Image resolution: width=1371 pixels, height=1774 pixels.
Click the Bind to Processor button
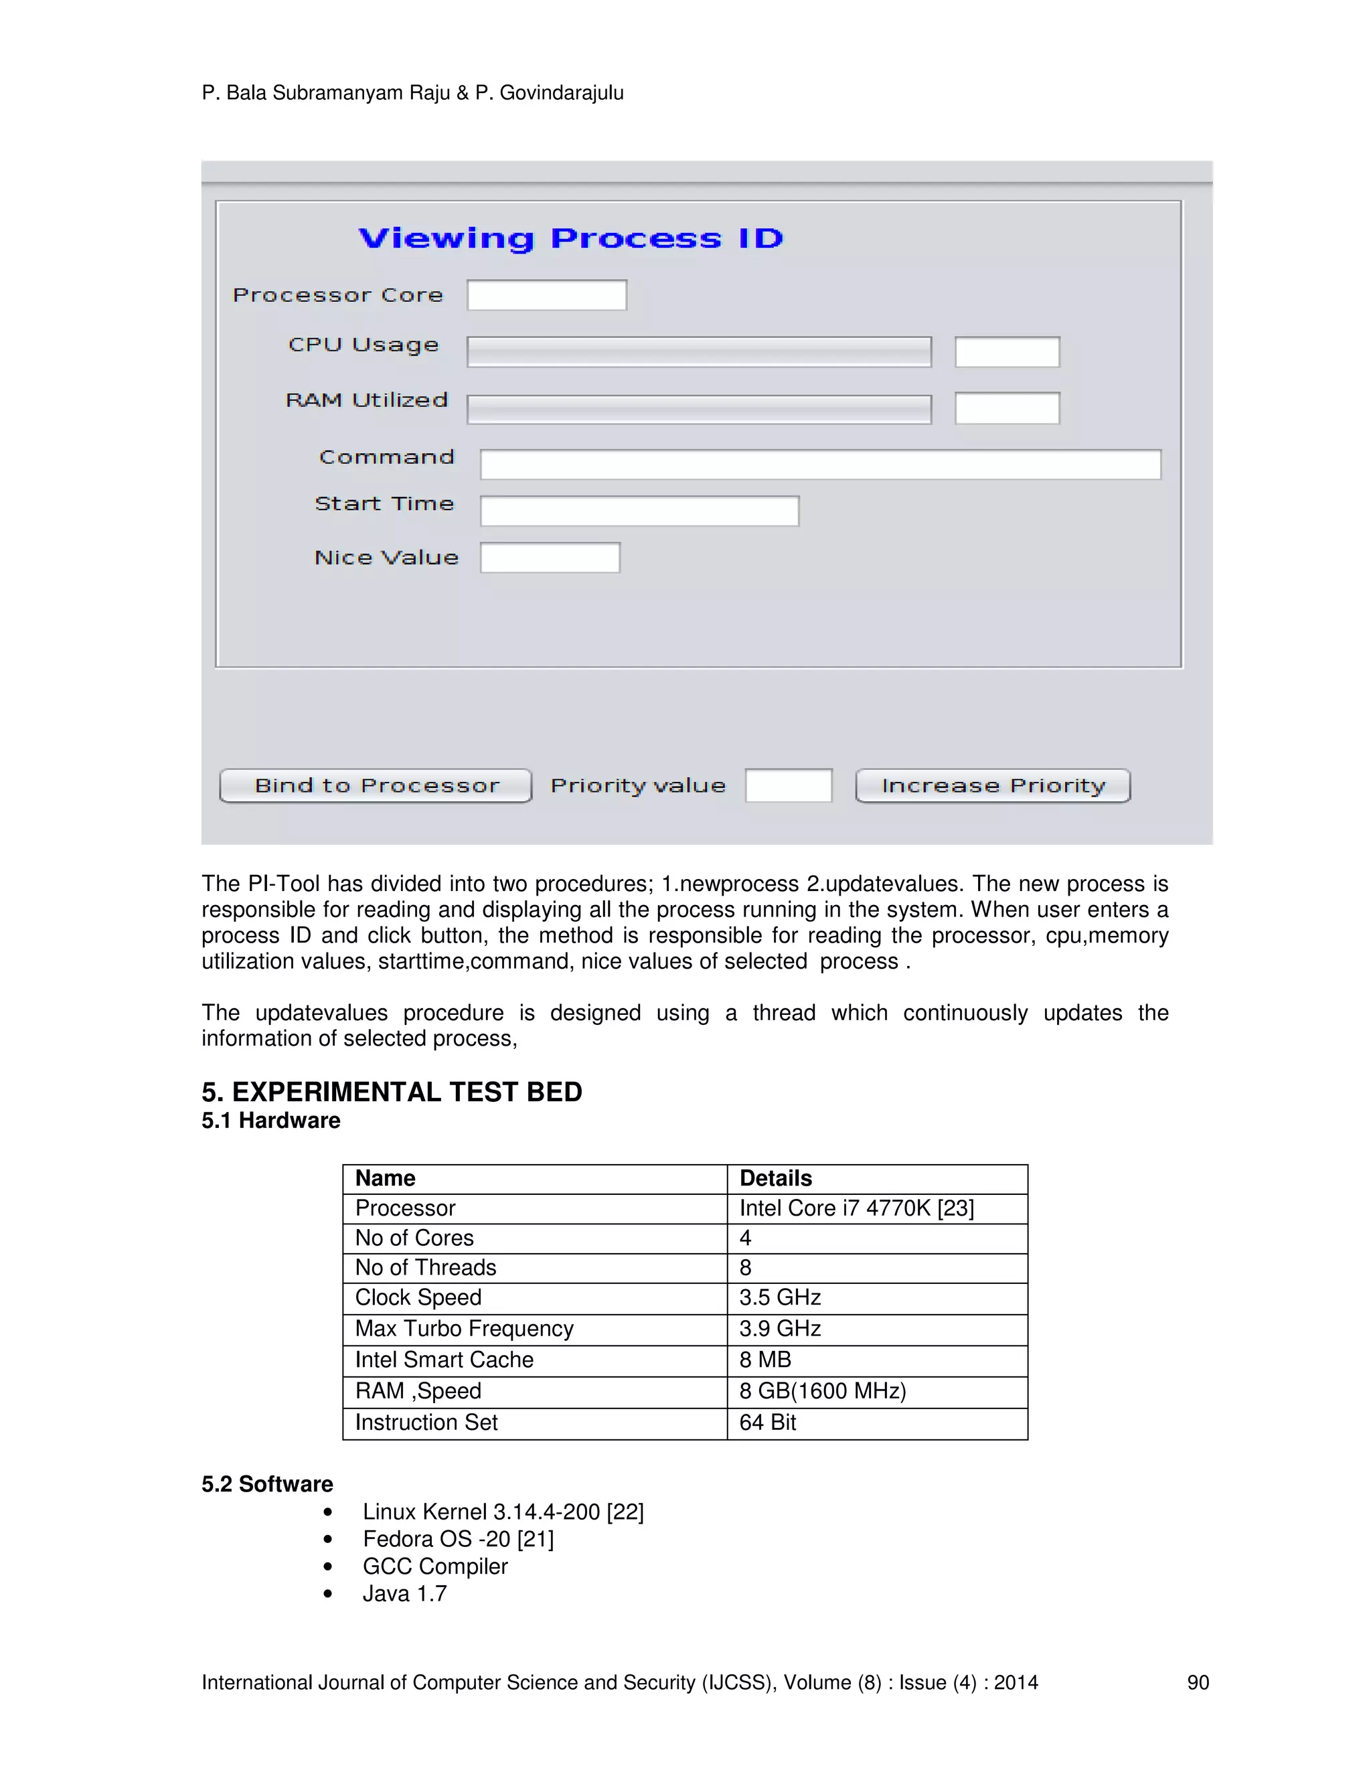376,785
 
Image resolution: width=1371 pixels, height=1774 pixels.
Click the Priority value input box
788,785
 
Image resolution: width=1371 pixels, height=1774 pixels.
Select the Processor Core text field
547,295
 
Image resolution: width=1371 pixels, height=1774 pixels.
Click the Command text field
820,465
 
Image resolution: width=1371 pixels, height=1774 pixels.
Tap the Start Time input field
639,511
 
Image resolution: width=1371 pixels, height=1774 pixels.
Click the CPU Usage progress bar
698,351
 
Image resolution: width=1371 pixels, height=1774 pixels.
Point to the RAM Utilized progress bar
698,408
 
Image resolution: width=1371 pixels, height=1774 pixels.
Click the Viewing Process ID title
570,238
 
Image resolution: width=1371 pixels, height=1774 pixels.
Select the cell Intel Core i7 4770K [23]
856,1208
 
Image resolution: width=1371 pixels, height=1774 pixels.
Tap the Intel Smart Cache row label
445,1359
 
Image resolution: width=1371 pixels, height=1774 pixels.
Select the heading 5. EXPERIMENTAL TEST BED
392,1092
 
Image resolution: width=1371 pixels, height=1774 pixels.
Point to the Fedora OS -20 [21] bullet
458,1538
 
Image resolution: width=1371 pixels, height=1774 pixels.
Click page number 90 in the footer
1197,1682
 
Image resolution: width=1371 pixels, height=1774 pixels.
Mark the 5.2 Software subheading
267,1484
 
